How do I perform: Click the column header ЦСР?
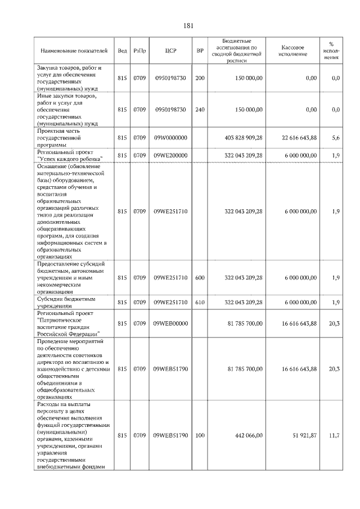[x=171, y=51]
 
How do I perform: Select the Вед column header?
[x=122, y=51]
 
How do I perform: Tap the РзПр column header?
[x=140, y=51]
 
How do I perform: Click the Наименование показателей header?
[x=73, y=51]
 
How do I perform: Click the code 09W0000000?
[x=171, y=138]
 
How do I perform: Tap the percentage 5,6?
[x=336, y=138]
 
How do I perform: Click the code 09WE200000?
[x=171, y=155]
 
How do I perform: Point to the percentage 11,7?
[x=335, y=436]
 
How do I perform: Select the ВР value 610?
[x=200, y=302]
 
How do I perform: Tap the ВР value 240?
[x=200, y=110]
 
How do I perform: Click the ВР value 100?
[x=200, y=436]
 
